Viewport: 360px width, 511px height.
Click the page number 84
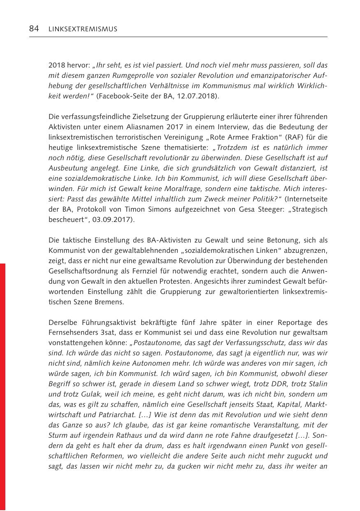click(x=34, y=28)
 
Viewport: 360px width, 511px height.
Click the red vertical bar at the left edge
click(x=3, y=387)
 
